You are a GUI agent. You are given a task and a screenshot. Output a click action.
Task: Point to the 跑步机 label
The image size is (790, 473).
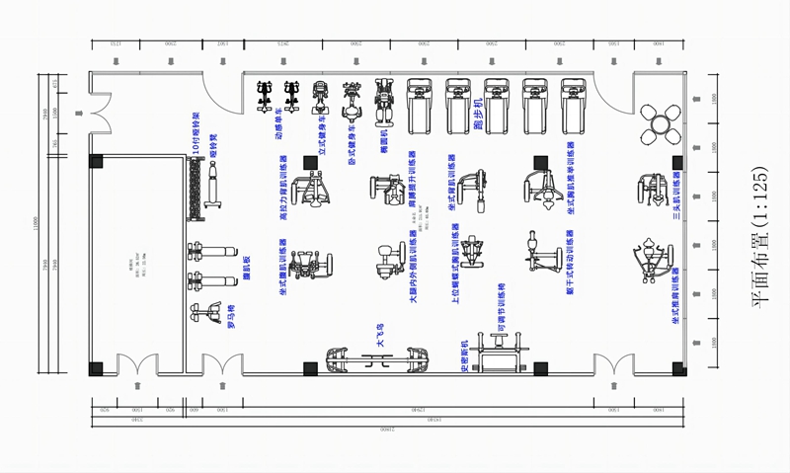click(477, 113)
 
